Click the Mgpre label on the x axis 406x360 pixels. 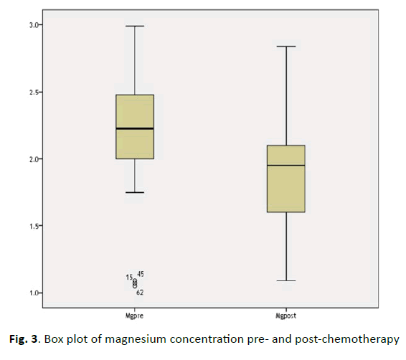(135, 316)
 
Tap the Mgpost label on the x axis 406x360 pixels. (285, 316)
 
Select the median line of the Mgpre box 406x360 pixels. (135, 128)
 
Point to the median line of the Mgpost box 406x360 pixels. (286, 166)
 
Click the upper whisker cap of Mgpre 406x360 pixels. (135, 26)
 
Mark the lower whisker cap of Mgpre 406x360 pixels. (135, 192)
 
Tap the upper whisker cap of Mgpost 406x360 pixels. (286, 47)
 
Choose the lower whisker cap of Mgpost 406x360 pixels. (286, 280)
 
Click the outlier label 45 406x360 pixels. (141, 274)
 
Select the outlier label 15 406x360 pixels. (129, 278)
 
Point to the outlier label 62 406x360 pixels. (140, 293)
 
